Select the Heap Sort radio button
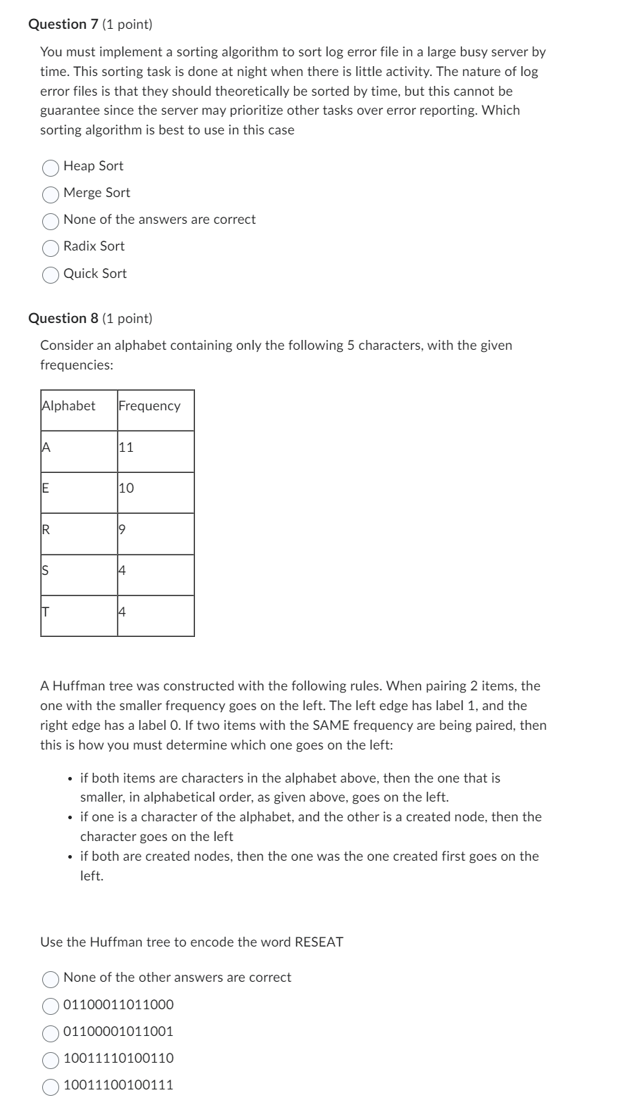coord(51,167)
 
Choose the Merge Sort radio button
coord(51,194)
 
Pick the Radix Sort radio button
coord(51,248)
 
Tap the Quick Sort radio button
coord(51,275)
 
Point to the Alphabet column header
coord(69,405)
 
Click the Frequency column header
coord(149,405)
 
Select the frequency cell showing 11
coord(126,447)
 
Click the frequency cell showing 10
coord(126,488)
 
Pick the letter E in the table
coord(46,488)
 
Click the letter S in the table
coord(46,570)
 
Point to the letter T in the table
coord(46,612)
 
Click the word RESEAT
coord(319,942)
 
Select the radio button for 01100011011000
coord(51,1006)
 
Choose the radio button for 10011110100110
coord(51,1060)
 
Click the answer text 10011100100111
coord(118,1085)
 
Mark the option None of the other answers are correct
coord(51,979)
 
